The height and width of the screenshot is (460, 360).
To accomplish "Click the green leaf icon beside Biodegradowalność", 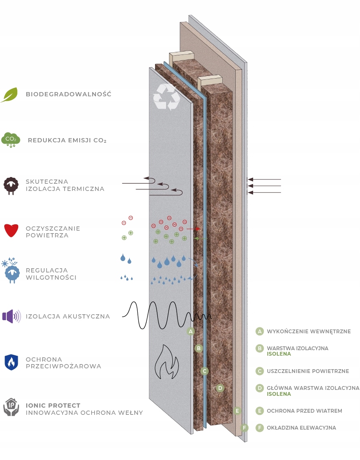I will click(9, 95).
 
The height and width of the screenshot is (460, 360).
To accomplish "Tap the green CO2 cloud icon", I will click(11, 139).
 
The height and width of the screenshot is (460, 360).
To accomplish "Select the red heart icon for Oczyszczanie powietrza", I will click(11, 231).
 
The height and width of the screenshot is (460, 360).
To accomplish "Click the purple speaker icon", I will click(11, 316).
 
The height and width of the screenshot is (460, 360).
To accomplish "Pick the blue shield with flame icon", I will click(11, 362).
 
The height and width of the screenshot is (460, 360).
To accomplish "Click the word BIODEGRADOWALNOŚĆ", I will click(68, 94).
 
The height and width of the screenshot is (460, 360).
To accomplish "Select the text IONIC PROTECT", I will click(53, 406).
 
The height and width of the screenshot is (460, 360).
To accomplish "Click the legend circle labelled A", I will click(260, 332).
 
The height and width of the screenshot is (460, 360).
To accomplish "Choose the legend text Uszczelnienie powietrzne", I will click(308, 371).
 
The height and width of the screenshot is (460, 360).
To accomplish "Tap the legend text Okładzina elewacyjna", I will click(301, 428).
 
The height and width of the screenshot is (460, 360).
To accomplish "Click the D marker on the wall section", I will click(220, 388).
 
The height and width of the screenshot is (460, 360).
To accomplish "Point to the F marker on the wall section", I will click(244, 427).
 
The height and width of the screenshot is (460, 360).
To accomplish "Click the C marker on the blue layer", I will click(205, 371).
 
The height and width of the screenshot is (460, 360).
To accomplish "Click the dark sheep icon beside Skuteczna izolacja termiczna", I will click(11, 185).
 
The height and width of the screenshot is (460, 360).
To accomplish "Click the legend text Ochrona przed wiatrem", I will click(304, 411).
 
